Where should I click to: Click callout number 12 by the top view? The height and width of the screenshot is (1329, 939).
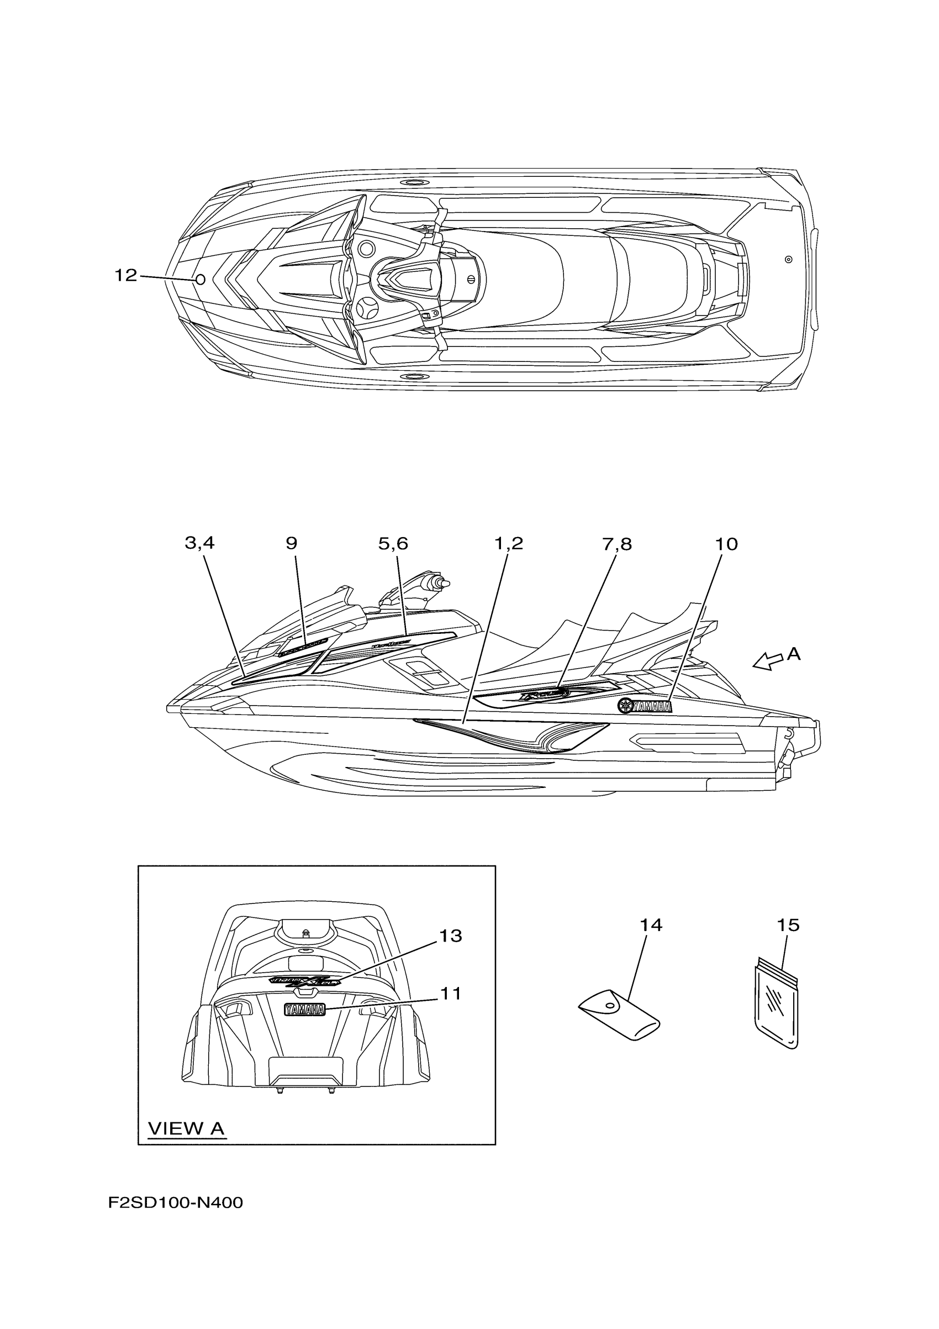125,276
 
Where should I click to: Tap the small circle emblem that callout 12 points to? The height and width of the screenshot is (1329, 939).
200,280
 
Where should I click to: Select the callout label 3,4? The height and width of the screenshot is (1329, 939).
199,543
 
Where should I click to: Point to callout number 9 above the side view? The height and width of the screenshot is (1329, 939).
291,543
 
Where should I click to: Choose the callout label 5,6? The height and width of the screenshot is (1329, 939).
393,544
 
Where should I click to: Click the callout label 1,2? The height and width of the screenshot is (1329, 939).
508,544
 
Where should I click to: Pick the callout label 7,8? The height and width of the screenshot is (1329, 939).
617,544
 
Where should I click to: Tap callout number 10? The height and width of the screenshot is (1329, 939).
726,544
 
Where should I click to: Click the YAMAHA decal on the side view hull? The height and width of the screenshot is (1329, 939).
645,706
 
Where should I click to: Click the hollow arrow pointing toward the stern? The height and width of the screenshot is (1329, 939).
767,661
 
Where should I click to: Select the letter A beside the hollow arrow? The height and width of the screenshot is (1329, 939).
794,654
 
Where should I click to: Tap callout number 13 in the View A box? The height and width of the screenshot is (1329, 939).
451,936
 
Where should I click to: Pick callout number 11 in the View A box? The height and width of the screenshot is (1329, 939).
451,994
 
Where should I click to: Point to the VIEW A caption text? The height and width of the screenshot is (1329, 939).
186,1128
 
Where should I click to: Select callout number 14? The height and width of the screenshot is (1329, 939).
650,926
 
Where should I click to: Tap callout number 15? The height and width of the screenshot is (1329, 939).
788,926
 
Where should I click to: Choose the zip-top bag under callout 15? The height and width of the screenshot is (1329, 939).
777,1008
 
